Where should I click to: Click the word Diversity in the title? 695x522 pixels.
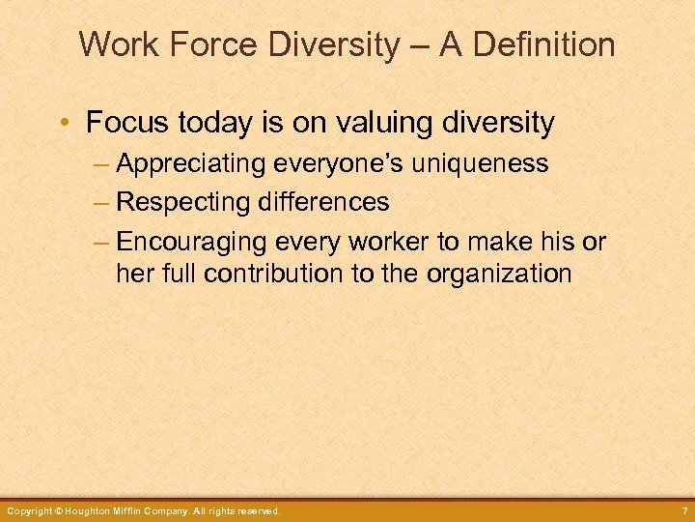coord(330,44)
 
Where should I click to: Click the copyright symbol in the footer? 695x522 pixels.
coord(59,510)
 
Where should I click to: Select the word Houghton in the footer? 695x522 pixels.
coord(93,510)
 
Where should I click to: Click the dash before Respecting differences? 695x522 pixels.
coord(103,202)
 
